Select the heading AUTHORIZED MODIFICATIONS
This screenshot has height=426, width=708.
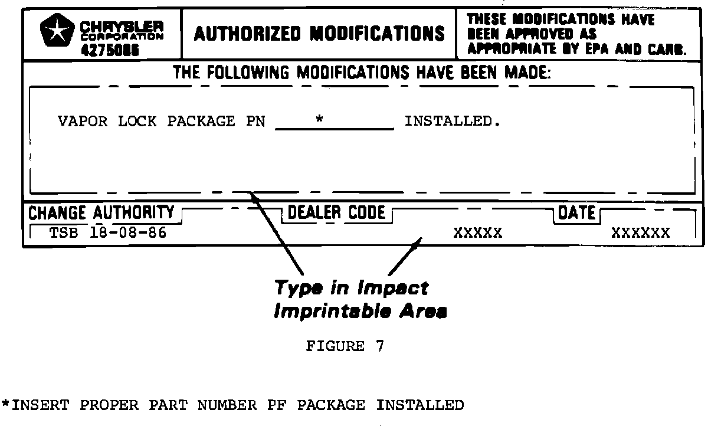coord(319,34)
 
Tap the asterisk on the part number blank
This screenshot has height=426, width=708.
coord(319,120)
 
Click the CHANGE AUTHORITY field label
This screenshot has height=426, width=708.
coord(101,212)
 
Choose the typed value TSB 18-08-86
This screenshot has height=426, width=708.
coord(108,232)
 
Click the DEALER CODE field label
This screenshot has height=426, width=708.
coord(336,212)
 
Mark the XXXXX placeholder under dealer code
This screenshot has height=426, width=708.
coord(478,232)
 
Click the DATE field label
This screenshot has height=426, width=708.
coord(576,212)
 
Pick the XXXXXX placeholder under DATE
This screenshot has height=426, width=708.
coord(641,232)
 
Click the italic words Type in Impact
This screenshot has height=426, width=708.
coord(352,289)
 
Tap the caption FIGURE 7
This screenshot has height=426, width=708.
coord(345,346)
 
